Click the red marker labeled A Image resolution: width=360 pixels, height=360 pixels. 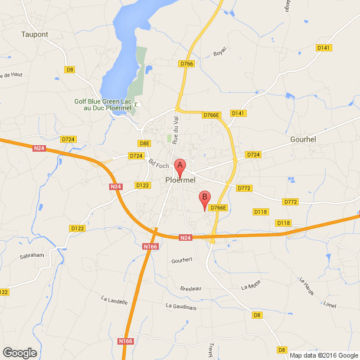coord(181,167)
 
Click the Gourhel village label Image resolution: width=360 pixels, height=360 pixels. coord(305,140)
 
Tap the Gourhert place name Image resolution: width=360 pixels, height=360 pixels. coord(182,260)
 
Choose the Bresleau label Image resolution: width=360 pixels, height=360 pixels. coord(191,288)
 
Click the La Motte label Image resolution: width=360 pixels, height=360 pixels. coord(251,287)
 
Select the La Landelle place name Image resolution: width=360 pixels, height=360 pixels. coord(114,301)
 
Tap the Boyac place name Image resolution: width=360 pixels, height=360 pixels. coord(220,54)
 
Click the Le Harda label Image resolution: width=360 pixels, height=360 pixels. coord(306,286)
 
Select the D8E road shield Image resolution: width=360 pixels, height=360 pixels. coord(145,143)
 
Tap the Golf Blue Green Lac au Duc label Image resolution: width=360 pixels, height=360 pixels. coord(104,104)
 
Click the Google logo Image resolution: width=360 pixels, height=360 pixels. coord(19,352)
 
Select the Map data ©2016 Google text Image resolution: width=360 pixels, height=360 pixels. coord(323,355)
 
